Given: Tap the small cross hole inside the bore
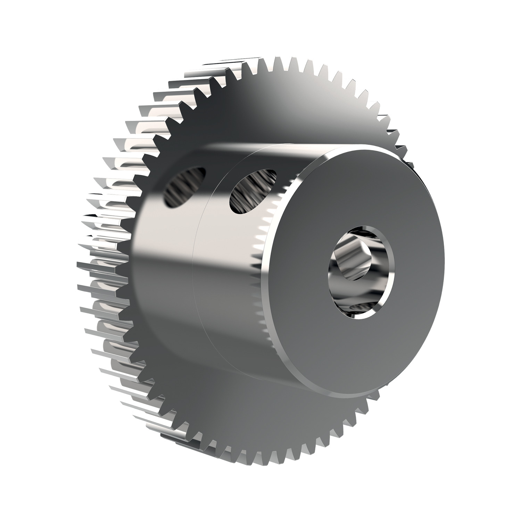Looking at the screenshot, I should tap(358, 257).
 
